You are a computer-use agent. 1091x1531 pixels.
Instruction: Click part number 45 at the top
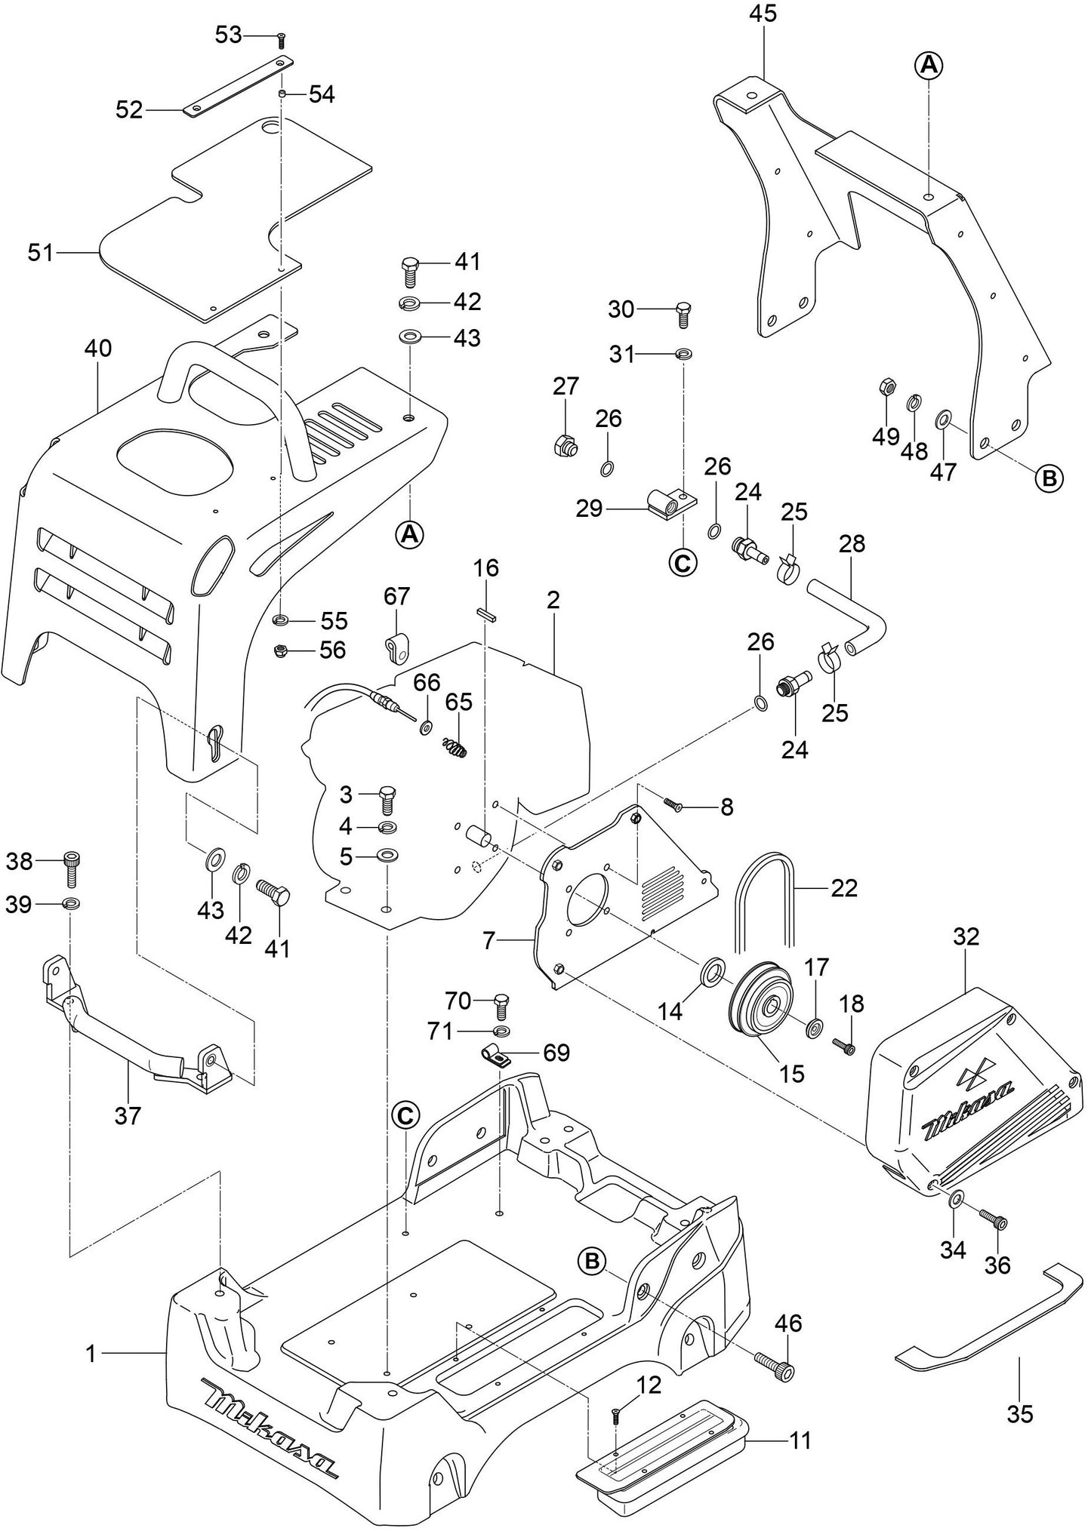pos(763,14)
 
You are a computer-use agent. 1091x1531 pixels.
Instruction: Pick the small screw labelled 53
pos(281,37)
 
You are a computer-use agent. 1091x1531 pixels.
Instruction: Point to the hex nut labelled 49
pos(888,388)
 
